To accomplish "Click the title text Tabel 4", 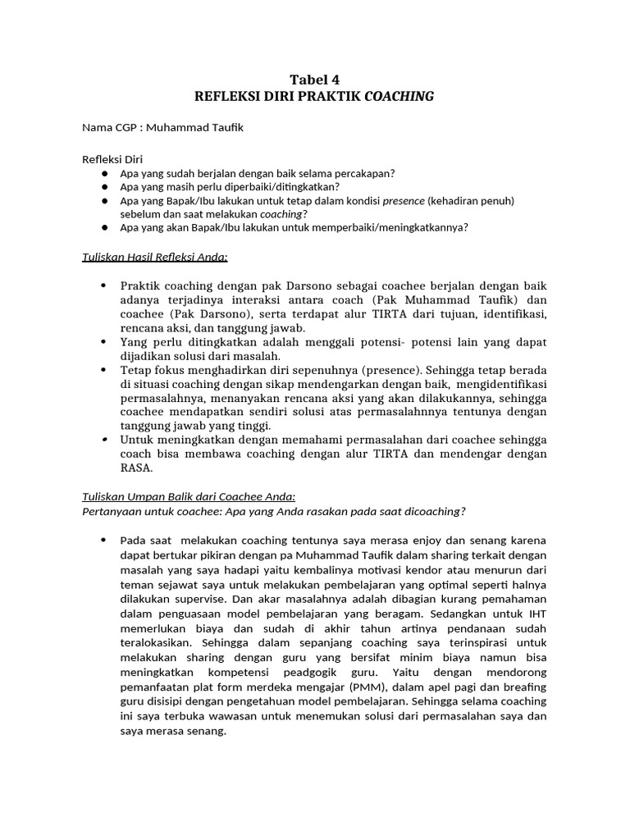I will (314, 80).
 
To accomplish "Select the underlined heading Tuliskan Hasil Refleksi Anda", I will (155, 256).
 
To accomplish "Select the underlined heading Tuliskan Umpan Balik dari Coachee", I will (188, 497).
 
